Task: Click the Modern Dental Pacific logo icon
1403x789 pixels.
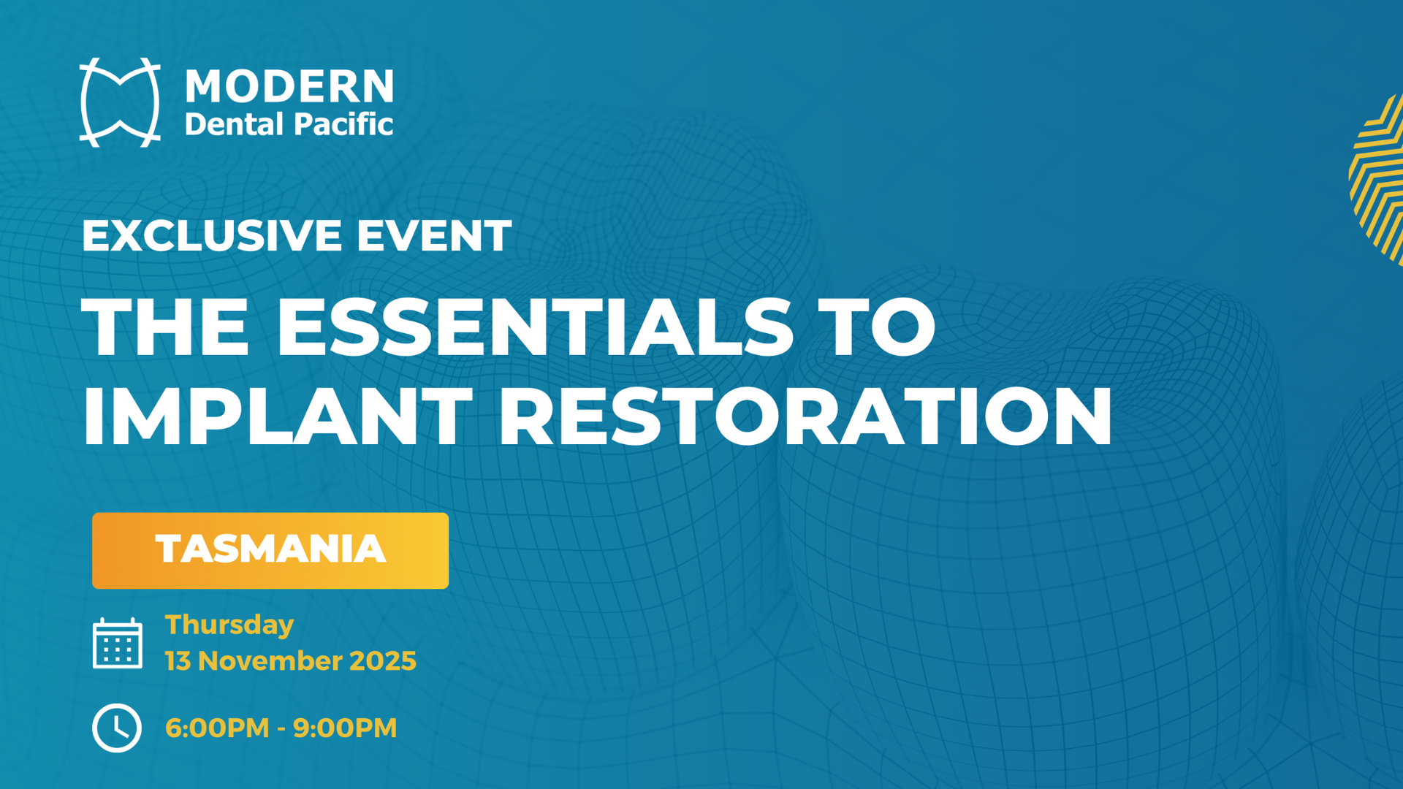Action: coord(121,103)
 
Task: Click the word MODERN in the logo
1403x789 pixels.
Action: coord(289,86)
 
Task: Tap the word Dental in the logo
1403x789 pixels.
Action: coord(234,124)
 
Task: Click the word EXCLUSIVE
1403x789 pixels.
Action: coord(212,235)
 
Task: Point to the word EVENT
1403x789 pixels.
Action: coord(434,235)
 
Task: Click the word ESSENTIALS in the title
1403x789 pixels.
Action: coord(534,327)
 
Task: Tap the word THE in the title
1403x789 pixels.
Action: coord(165,327)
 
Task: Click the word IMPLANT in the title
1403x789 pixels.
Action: coord(278,416)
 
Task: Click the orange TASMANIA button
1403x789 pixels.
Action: coord(270,550)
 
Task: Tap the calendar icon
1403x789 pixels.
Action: coord(118,643)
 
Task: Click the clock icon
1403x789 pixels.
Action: coord(117,728)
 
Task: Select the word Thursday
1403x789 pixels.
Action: coord(229,625)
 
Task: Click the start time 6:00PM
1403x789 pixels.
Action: coord(217,728)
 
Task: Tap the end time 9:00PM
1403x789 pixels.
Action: coord(345,728)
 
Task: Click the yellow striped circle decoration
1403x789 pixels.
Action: coord(1378,179)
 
